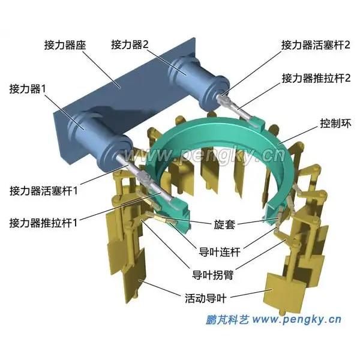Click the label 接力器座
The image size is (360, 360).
(65, 45)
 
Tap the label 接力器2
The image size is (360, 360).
(130, 44)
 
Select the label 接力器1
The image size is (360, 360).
(28, 89)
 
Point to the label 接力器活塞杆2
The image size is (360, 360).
(316, 45)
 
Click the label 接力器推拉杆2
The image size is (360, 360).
(316, 78)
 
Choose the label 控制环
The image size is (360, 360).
(335, 124)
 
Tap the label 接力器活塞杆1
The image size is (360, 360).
(44, 191)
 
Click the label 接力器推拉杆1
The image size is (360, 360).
(43, 223)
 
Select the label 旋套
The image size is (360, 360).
(224, 224)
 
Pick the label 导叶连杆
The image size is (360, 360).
(219, 252)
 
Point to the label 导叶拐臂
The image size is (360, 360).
(212, 275)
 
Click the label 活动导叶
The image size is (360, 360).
(206, 298)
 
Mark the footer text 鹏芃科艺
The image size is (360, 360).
(227, 320)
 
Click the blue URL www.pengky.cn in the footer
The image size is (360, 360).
(296, 320)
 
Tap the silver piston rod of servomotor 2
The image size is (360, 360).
(222, 95)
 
